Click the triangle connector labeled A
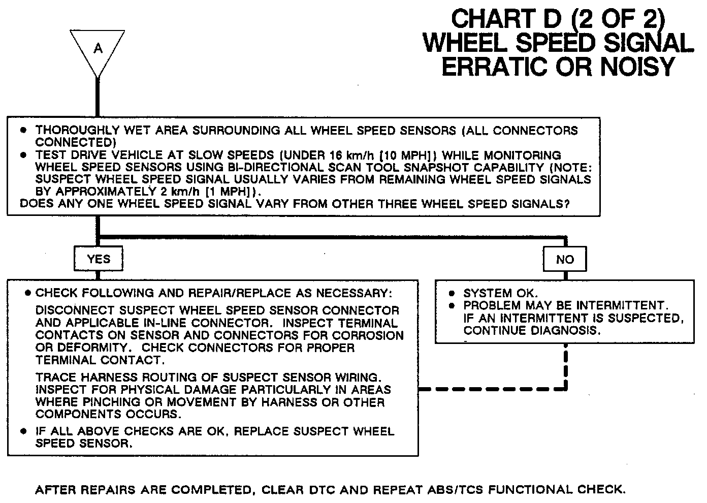coord(98,49)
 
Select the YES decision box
coord(99,259)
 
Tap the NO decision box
coord(565,260)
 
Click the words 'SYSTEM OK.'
coord(500,293)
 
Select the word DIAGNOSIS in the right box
coord(567,330)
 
